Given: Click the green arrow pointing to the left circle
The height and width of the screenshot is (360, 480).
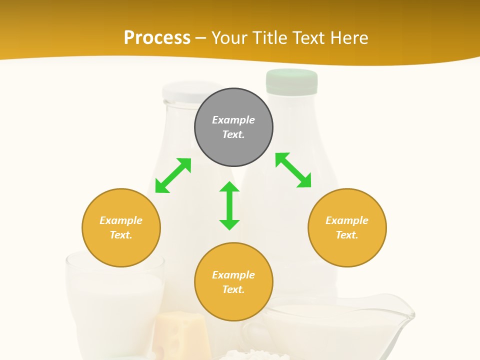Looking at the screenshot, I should pos(173,175).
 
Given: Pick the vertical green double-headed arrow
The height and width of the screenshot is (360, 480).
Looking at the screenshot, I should pos(229,205).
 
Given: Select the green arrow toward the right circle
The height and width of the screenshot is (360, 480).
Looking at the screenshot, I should pos(293,170).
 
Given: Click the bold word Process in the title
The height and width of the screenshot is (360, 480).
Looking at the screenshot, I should pos(157,37).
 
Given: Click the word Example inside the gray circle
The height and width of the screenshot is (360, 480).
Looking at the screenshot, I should pos(233,120).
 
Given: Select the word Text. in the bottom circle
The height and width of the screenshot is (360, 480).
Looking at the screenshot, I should pos(233,289).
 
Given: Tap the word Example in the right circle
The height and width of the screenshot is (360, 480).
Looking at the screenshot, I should pos(347,220).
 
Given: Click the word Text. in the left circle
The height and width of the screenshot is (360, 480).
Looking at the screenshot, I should pos(121,235).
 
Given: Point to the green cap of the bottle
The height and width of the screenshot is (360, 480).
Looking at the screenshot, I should pos(292,81).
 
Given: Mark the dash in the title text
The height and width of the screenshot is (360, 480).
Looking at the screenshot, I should pos(201,38).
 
